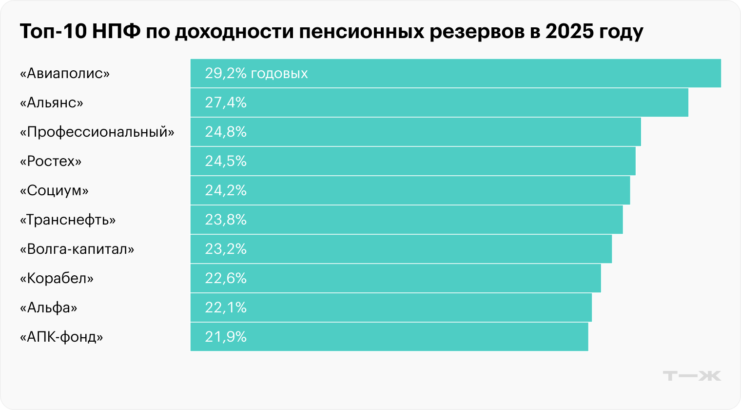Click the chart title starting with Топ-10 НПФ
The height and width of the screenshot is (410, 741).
point(331,32)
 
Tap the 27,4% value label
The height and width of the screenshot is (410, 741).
point(226,102)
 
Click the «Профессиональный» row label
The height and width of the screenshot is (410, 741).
point(97,132)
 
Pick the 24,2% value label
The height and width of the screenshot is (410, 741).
point(226,190)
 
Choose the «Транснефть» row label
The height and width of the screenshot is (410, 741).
point(68,220)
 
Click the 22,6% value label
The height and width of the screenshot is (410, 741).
point(226,278)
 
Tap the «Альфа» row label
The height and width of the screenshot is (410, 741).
point(48,307)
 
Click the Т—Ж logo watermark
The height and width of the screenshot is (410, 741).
point(692,376)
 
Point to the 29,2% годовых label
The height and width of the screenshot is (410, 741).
point(256,73)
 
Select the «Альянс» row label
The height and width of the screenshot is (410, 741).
point(52,102)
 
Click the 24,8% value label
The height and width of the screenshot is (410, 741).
point(226,132)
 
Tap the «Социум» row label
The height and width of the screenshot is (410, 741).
point(54,190)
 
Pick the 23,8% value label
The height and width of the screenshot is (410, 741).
point(226,220)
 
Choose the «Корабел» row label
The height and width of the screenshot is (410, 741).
point(57,278)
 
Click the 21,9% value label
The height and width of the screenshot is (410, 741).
point(226,337)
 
